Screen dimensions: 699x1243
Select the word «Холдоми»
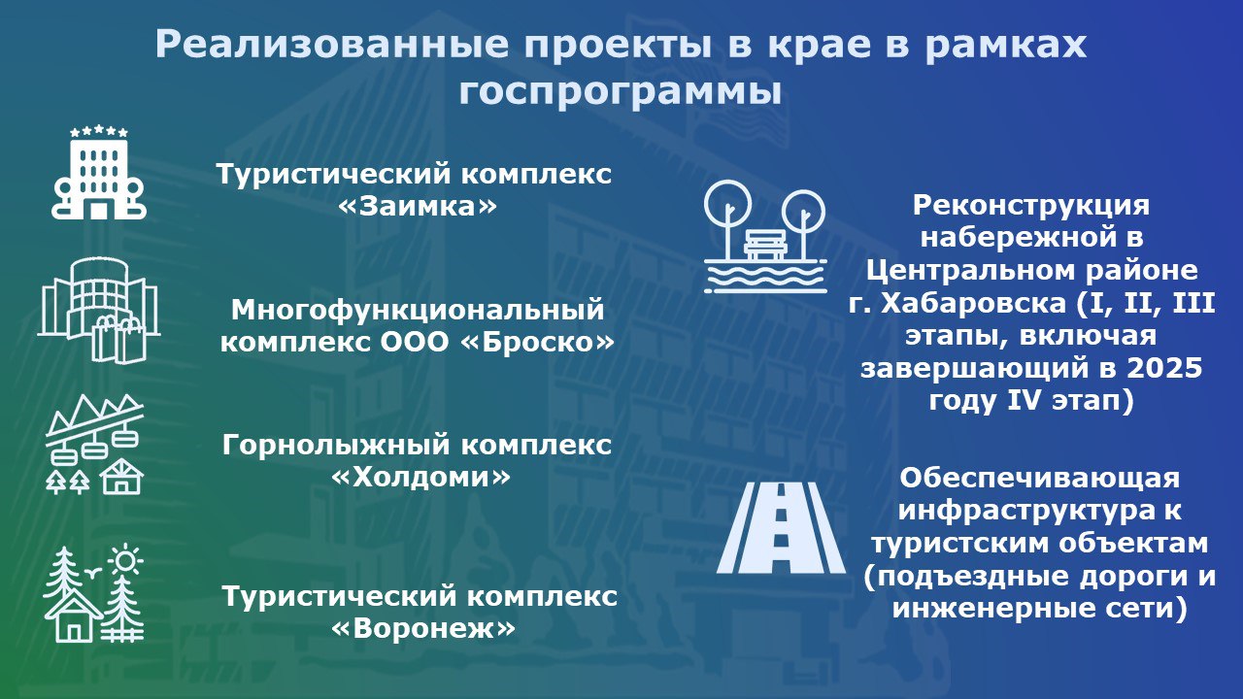coord(420,478)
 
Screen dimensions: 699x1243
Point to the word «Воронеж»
coord(422,628)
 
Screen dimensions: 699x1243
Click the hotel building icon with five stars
coord(98,173)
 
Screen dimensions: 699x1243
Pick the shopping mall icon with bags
coord(98,310)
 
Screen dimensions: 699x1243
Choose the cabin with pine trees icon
coord(94,594)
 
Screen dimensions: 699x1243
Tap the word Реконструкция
coord(1031,206)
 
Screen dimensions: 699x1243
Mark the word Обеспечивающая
coord(1040,479)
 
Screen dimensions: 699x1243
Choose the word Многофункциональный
coord(418,311)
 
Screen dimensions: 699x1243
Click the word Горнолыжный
coord(336,446)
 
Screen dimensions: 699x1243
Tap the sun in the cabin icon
coord(125,560)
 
